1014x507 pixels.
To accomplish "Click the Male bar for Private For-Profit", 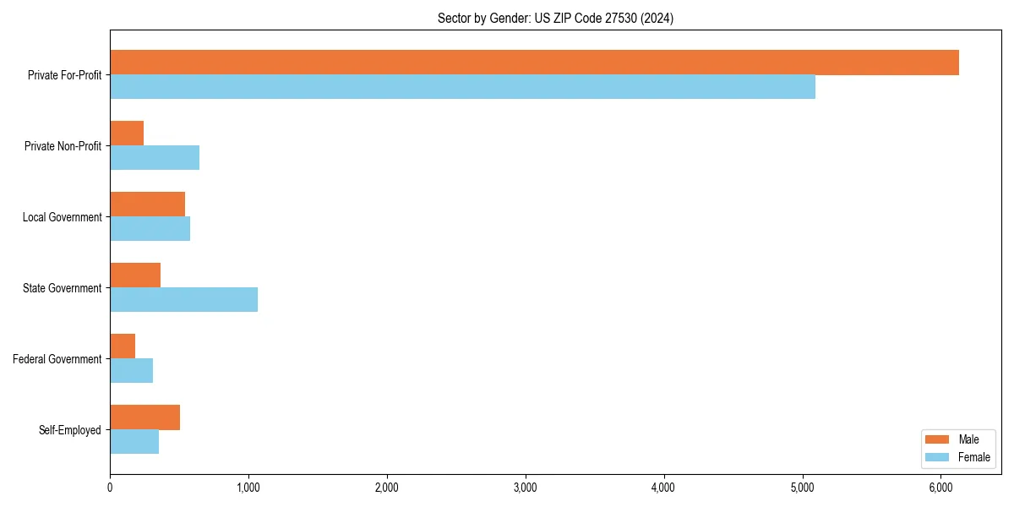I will coord(534,63).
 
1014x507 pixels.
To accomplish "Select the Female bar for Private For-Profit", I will coord(462,86).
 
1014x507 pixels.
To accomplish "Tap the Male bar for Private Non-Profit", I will coord(127,134).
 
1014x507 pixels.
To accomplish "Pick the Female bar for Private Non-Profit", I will coord(155,157).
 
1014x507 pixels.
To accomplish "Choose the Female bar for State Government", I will coord(183,299).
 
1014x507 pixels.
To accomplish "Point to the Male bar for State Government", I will coord(135,275).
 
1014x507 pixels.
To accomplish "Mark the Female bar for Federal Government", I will coord(131,370).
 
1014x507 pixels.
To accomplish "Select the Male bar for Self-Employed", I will coord(144,417).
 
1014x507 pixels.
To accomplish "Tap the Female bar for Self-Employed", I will coord(134,441).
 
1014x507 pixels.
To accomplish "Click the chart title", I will coord(555,18).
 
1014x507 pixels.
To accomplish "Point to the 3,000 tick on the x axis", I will coord(526,487).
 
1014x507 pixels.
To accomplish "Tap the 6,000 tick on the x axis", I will coord(941,487).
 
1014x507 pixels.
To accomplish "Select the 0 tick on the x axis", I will coord(110,487).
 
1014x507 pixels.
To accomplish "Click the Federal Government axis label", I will coord(57,359).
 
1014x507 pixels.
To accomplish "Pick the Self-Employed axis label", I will coord(70,430).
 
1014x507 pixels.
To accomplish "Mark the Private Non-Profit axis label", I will coord(63,146).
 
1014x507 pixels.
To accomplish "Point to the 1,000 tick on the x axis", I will coord(248,487).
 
